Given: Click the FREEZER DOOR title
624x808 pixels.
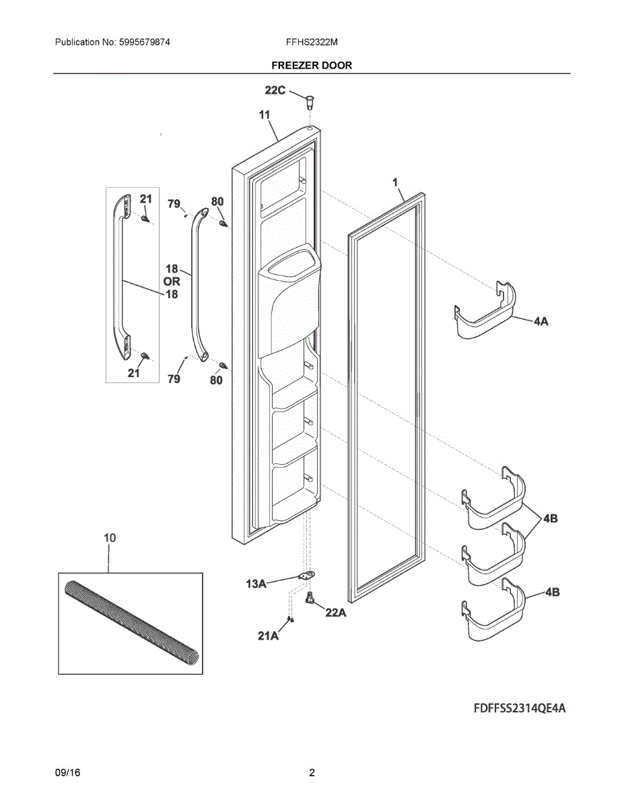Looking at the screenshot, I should [x=312, y=65].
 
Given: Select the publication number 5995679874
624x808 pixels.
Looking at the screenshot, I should [x=143, y=42].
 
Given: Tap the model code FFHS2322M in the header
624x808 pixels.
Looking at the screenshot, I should [x=312, y=42].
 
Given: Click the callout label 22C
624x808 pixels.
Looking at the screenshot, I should [x=275, y=90].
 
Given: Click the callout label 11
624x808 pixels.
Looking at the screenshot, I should [x=265, y=116].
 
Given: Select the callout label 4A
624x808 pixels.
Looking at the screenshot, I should [x=541, y=322].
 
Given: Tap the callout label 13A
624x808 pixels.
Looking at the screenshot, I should [x=256, y=584].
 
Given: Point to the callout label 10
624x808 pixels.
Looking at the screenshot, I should [x=110, y=538].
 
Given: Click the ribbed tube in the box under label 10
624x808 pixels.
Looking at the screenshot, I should [x=131, y=623].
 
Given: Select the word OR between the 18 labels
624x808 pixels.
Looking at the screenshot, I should [x=172, y=281].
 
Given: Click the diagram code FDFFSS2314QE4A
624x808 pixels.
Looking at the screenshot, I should [x=519, y=708].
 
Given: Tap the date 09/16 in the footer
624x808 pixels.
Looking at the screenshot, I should [x=67, y=773].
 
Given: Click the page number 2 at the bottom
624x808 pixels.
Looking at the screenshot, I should [x=312, y=773].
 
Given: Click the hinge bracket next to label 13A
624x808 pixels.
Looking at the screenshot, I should [x=306, y=576].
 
